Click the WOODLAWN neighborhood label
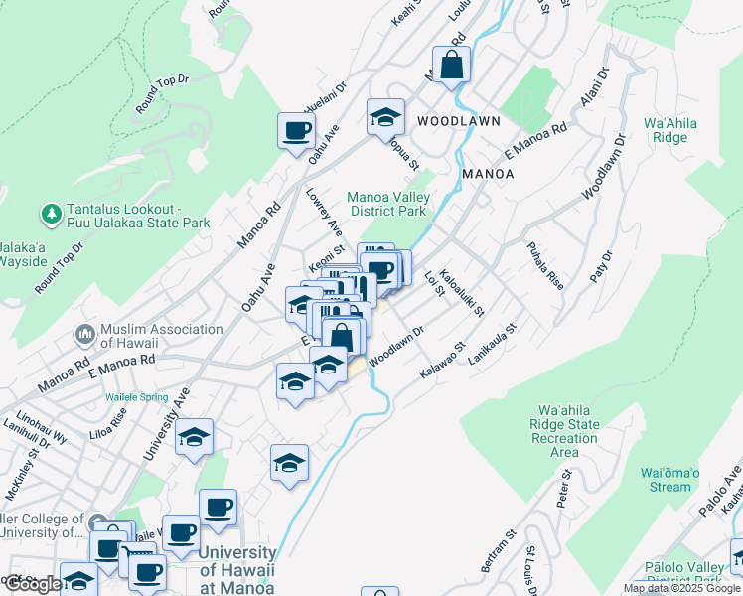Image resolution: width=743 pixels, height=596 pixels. tap(458, 120)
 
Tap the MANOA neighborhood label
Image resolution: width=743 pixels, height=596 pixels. tap(488, 174)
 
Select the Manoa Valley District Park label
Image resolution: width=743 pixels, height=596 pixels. tap(385, 204)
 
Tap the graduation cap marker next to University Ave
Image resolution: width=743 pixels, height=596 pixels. tap(194, 437)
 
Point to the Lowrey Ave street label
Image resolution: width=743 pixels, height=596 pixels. tap(324, 213)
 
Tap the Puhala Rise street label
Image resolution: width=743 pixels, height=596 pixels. tap(545, 265)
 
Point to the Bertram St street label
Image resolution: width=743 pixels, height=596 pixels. tap(496, 550)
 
